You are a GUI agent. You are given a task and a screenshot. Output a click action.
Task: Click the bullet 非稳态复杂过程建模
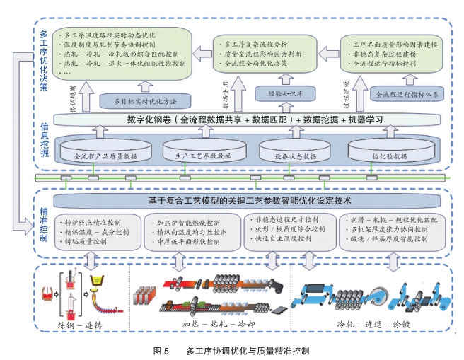point(383,52)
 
